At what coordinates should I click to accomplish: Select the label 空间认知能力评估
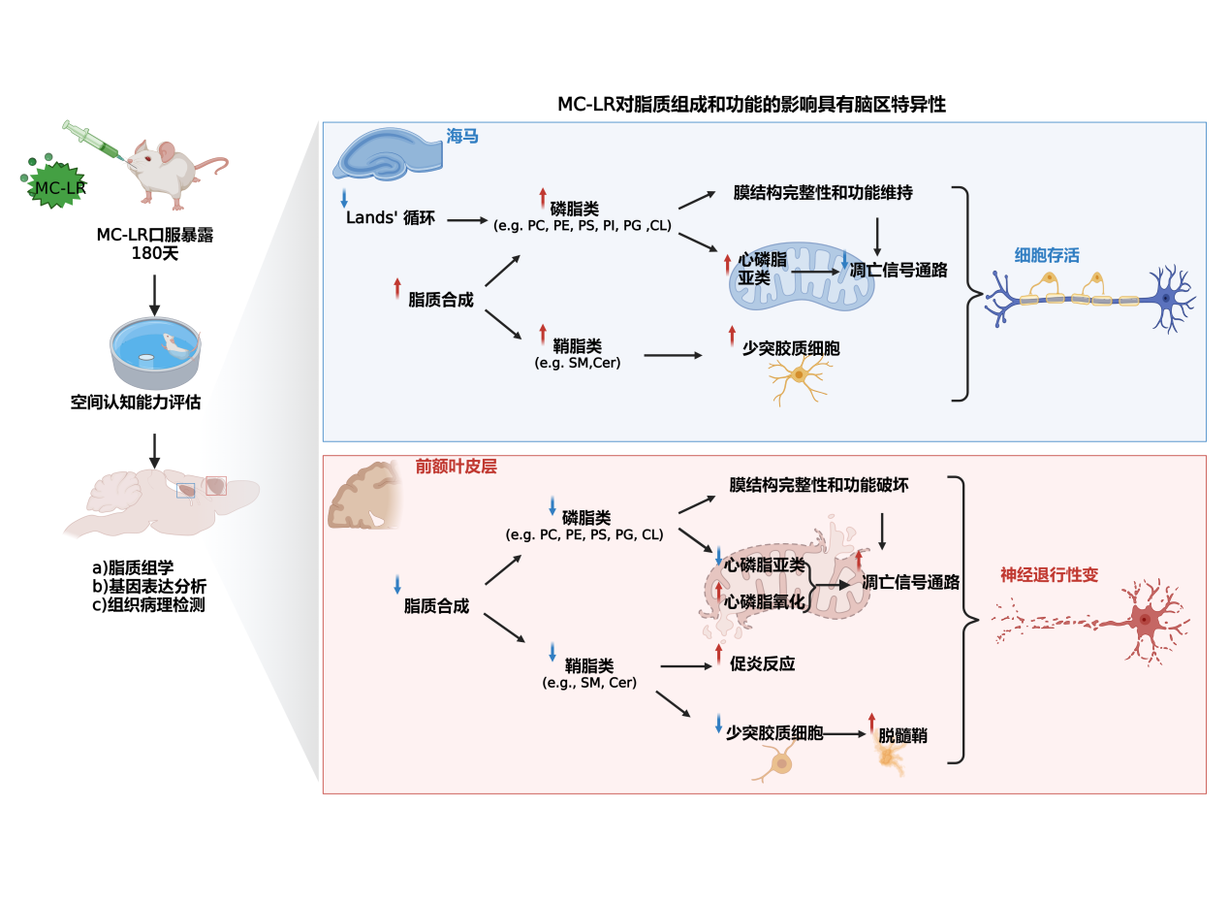click(x=136, y=402)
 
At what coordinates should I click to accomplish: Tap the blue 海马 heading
click(x=462, y=137)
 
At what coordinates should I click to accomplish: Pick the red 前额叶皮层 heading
click(x=457, y=467)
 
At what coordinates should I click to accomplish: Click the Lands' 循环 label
click(x=391, y=218)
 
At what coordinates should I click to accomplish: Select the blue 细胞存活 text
click(x=1047, y=256)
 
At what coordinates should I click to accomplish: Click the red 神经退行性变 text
click(x=1049, y=575)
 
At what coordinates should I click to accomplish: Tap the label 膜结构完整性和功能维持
click(x=823, y=193)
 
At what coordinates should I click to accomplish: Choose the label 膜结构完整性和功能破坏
click(x=819, y=484)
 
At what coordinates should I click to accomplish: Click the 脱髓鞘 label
click(x=902, y=735)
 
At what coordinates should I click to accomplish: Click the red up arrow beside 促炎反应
click(x=718, y=654)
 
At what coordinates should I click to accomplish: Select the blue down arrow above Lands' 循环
click(x=343, y=200)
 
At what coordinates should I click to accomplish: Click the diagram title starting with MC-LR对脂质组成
click(x=751, y=105)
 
